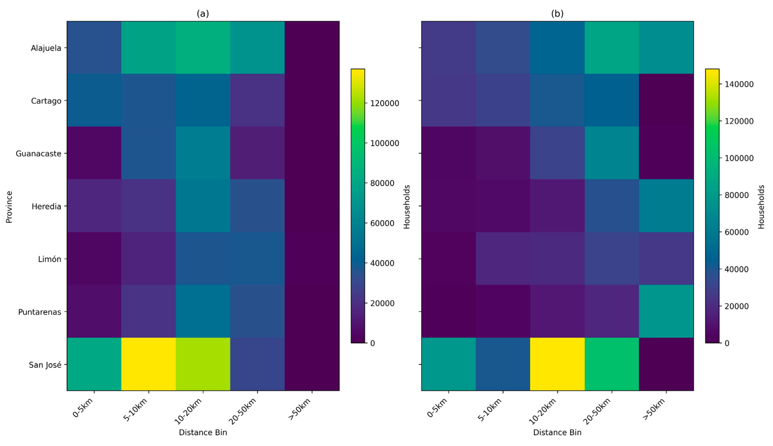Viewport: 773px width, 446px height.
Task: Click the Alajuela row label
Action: point(46,48)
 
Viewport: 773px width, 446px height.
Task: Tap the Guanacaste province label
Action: point(39,153)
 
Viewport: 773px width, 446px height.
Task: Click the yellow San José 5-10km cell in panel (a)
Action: point(148,364)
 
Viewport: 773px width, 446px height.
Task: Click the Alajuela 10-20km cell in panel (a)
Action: point(203,47)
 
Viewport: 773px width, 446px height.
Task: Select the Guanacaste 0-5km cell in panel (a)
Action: point(94,153)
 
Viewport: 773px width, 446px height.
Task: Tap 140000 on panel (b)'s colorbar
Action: point(739,84)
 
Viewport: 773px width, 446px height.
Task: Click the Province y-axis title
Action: point(9,207)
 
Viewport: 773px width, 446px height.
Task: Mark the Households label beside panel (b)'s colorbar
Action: point(761,207)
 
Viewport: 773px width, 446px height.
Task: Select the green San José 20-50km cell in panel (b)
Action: point(611,364)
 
